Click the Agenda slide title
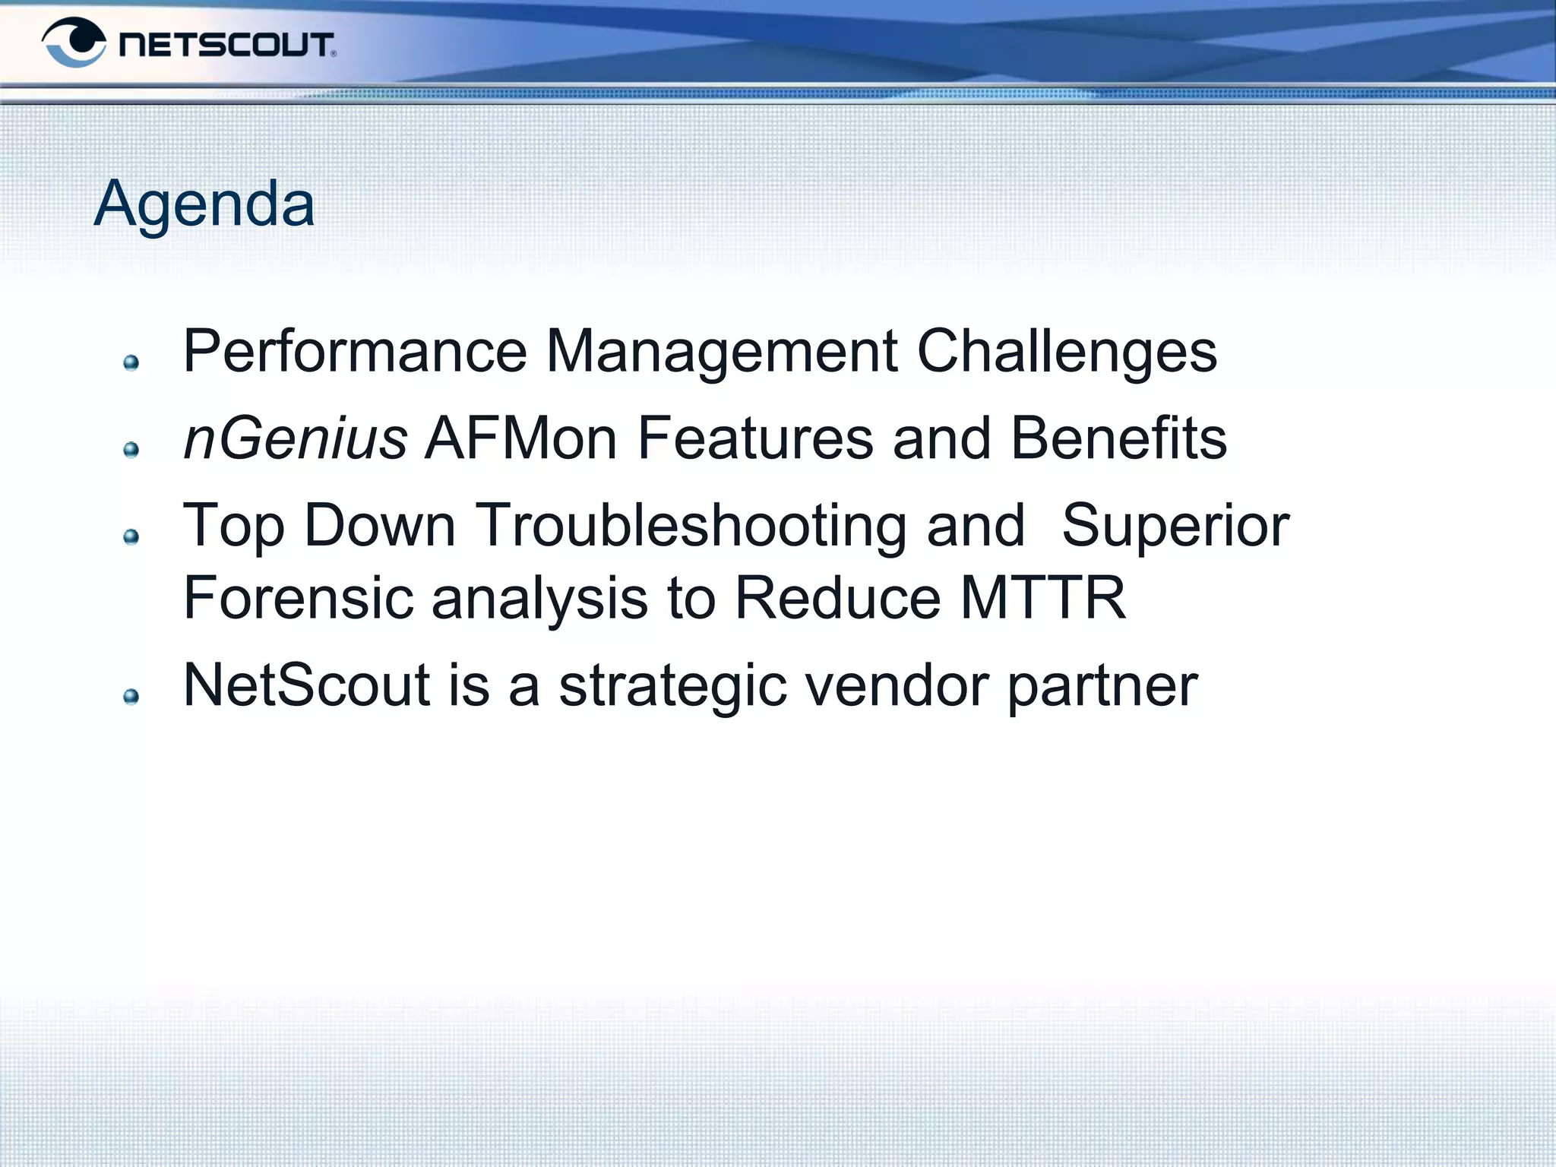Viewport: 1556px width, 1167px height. tap(204, 204)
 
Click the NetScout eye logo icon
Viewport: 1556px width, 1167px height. tap(74, 43)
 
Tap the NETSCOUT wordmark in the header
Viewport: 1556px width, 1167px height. tap(226, 45)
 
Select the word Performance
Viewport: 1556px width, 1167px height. tap(355, 351)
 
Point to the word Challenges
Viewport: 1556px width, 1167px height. tap(1067, 351)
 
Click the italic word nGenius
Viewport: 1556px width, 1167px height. tap(296, 438)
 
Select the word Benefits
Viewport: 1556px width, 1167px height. tap(1118, 438)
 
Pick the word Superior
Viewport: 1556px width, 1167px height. tap(1175, 526)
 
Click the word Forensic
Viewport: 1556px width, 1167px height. tap(299, 598)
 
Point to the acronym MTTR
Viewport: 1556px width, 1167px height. tap(1042, 598)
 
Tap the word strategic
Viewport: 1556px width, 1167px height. tap(672, 685)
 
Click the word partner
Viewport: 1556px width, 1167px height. tap(1102, 685)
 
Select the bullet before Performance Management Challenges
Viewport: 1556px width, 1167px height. tap(131, 362)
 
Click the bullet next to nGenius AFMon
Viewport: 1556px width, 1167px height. tap(131, 450)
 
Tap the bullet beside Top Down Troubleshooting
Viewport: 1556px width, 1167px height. tap(131, 537)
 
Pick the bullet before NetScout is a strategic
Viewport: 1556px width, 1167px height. tap(131, 697)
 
